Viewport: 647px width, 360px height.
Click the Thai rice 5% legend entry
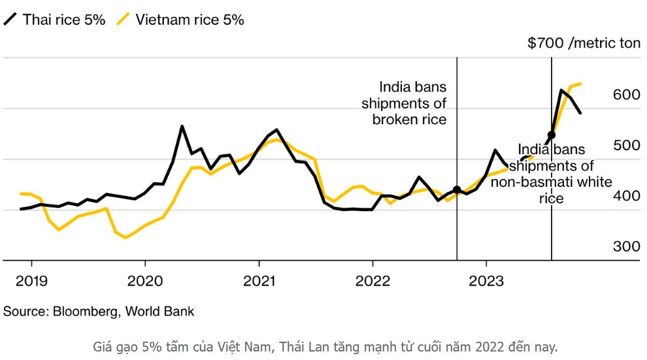(x=54, y=20)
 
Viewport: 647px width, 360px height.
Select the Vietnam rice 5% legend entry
(x=180, y=20)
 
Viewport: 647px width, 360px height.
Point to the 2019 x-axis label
(x=31, y=281)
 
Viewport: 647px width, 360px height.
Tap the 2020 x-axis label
(x=145, y=281)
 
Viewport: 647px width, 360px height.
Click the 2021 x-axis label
(x=259, y=281)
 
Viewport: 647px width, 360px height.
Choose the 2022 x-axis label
(x=373, y=281)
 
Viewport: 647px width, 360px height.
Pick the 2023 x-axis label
(x=486, y=281)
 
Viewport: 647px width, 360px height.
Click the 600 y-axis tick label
(x=626, y=95)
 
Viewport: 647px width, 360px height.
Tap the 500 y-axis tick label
(x=626, y=145)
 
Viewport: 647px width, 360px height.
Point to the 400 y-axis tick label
(x=626, y=195)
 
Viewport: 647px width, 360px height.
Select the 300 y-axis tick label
(x=626, y=246)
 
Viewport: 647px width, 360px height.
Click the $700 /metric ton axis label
(x=584, y=43)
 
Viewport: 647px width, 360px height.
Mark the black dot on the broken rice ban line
(x=457, y=189)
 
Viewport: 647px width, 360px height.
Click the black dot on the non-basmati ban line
(x=552, y=135)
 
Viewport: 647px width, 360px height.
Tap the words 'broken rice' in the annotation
(x=409, y=119)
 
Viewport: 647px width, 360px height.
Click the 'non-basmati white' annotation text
(x=552, y=182)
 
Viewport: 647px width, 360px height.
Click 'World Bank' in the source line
(x=159, y=311)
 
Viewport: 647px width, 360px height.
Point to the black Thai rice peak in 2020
(x=182, y=127)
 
